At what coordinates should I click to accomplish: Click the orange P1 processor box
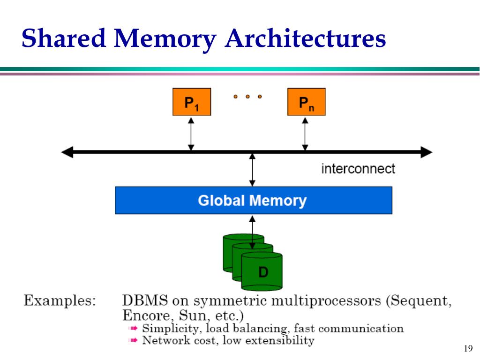pyautogui.click(x=191, y=102)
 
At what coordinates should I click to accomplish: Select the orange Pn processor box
pyautogui.click(x=306, y=102)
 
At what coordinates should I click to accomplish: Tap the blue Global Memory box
pyautogui.click(x=253, y=201)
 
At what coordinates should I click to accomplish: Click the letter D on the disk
pyautogui.click(x=263, y=272)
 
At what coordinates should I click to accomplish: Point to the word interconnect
pyautogui.click(x=358, y=169)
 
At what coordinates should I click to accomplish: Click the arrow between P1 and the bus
pyautogui.click(x=191, y=133)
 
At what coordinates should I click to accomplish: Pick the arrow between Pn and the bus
pyautogui.click(x=305, y=133)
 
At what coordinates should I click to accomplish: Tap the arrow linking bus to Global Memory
pyautogui.click(x=253, y=169)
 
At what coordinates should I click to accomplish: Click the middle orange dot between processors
pyautogui.click(x=247, y=97)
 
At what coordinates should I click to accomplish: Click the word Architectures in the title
pyautogui.click(x=305, y=38)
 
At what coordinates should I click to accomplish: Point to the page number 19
pyautogui.click(x=467, y=348)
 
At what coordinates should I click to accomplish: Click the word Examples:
pyautogui.click(x=60, y=300)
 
